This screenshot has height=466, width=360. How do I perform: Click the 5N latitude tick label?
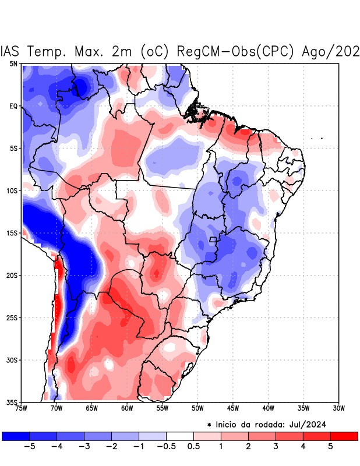13,63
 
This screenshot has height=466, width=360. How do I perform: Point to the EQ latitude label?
13,106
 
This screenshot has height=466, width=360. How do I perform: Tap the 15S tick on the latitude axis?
12,233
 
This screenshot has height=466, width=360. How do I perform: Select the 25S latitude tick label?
12,317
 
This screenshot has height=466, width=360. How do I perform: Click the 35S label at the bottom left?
12,402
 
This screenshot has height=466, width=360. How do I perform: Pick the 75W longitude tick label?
21,408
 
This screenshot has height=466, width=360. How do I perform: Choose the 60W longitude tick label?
126,408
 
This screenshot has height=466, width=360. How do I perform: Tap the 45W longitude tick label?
232,408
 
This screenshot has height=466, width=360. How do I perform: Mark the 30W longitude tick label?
338,408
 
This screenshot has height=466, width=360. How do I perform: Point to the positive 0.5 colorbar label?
194,447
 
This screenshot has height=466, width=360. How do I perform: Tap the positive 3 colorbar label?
276,447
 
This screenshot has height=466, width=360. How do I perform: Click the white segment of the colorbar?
180,436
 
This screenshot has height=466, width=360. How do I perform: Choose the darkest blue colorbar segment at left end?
16,436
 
